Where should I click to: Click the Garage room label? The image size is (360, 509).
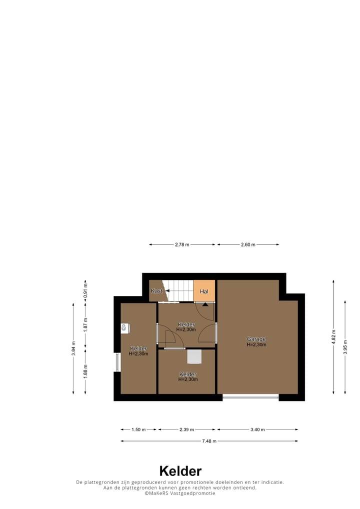coord(256,339)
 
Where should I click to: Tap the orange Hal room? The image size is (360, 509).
coord(204,291)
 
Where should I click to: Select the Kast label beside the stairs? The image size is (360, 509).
coord(156,291)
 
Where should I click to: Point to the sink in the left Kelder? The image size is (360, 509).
coord(125,328)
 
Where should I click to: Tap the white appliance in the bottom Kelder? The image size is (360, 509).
coord(194,356)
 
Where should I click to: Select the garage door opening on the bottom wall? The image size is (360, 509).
coord(250,397)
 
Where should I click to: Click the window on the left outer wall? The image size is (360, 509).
coord(117,362)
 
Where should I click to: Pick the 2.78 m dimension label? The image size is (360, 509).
coord(182,244)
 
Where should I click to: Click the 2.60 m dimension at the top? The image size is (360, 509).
coord(248,244)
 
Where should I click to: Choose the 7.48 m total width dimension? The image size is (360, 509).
coord(209,441)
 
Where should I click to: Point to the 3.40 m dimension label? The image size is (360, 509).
coord(257,429)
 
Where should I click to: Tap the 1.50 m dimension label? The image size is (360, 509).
coord(138,429)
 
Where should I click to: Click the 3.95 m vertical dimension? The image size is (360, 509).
coord(345,347)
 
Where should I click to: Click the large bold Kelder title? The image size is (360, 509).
coord(180,471)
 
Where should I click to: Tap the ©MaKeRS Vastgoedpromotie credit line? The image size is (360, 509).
coord(180,493)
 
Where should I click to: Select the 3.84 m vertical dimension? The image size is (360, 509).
coord(73,347)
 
